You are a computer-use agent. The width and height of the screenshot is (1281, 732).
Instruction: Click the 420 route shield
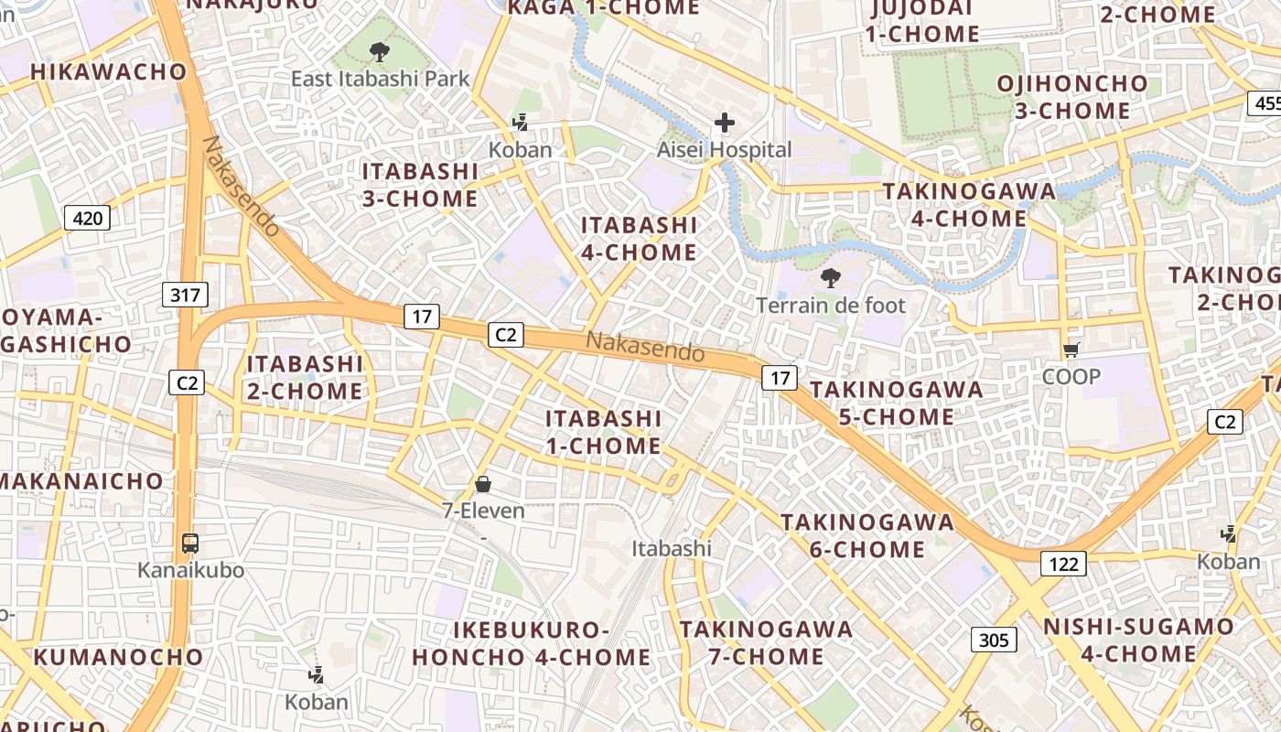[x=87, y=218]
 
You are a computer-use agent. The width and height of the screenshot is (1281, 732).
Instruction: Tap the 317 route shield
[x=186, y=295]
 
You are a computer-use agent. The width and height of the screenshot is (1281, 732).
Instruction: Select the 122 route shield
[x=1063, y=564]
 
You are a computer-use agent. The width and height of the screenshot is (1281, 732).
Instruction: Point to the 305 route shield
[x=994, y=640]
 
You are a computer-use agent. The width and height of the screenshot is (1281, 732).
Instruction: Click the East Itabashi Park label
[x=380, y=79]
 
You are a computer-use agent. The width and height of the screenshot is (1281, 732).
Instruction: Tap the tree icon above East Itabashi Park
[x=379, y=52]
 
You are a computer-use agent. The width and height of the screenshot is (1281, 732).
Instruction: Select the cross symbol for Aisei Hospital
[x=725, y=123]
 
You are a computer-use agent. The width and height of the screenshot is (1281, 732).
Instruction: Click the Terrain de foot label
[x=831, y=306]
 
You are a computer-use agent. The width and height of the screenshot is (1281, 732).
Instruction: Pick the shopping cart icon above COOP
[x=1071, y=350]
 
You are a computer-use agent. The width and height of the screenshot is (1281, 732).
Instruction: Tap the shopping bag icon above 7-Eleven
[x=483, y=484]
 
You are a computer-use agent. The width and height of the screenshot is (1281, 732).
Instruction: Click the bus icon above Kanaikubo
[x=190, y=544]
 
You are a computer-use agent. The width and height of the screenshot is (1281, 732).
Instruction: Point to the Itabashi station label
[x=672, y=548]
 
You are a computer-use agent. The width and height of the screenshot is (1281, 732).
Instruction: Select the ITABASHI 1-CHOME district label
[x=604, y=432]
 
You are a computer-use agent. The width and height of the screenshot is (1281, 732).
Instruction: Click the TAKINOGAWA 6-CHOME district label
[x=867, y=536]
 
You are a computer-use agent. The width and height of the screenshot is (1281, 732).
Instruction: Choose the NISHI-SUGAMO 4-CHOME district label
[x=1139, y=640]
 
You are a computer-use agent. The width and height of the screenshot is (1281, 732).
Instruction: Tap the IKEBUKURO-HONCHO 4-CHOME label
[x=531, y=644]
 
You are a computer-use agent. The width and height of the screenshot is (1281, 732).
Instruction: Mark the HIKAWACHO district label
[x=108, y=71]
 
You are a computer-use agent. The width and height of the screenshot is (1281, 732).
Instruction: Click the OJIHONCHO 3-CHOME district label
[x=1071, y=97]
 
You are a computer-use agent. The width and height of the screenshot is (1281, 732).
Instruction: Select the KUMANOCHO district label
[x=119, y=657]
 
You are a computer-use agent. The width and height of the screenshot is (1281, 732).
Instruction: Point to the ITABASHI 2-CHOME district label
[x=305, y=377]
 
